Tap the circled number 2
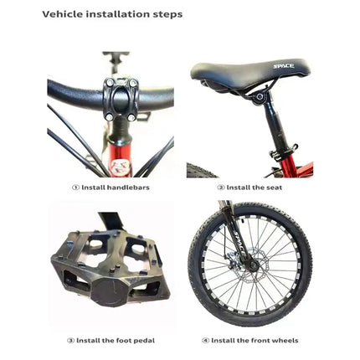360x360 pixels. [x=221, y=188]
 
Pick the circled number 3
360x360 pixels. [x=70, y=341]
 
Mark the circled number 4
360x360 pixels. [x=206, y=341]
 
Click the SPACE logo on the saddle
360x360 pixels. [x=283, y=64]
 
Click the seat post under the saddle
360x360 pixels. [x=273, y=126]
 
